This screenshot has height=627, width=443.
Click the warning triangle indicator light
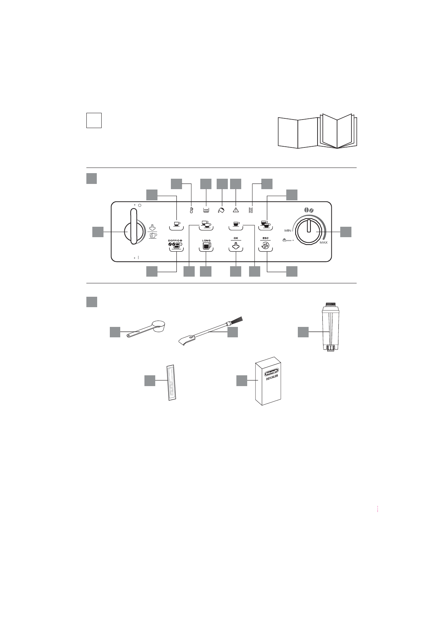coord(236,210)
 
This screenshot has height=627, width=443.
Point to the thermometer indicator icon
coord(191,210)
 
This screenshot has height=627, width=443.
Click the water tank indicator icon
coord(206,210)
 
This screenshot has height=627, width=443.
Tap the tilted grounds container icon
coord(221,210)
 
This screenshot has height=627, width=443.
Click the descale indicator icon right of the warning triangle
coord(251,210)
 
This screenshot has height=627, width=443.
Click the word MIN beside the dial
coord(288,231)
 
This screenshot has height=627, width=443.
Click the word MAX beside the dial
coord(324,242)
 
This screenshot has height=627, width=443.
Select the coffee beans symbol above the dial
coord(309,211)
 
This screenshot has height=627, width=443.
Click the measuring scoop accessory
coord(149,329)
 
